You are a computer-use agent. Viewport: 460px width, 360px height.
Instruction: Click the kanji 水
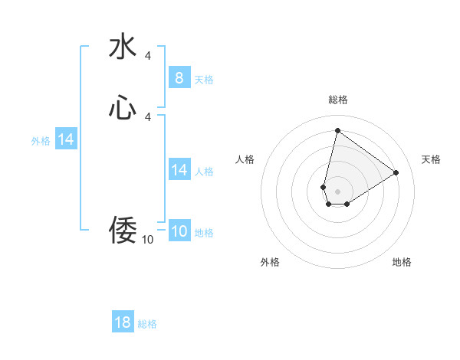point(123,46)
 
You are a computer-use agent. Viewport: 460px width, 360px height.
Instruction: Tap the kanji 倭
point(123,230)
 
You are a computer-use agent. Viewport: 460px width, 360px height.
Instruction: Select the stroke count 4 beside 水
point(147,56)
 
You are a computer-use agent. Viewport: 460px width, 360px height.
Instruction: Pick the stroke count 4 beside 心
point(147,116)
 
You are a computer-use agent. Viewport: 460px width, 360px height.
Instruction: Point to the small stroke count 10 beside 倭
point(147,240)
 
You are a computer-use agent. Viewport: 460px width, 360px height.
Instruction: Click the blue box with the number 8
point(179,77)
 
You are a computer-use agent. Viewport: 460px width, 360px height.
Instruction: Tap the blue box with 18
point(123,322)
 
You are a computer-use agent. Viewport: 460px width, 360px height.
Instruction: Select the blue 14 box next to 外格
point(66,139)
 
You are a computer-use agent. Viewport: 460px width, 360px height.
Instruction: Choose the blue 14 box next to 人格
point(179,170)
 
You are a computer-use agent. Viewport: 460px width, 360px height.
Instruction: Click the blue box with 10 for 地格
point(179,231)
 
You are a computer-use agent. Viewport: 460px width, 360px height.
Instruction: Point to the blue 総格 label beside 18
point(147,324)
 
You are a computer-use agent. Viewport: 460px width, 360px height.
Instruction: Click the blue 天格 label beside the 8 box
point(204,80)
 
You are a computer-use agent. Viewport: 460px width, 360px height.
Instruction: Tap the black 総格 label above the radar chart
point(338,100)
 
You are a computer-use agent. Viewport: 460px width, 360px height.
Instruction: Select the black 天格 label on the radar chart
point(431,159)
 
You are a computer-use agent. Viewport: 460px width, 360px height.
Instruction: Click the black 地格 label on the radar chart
point(402,262)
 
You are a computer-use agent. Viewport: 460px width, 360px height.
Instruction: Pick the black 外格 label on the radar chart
point(270,262)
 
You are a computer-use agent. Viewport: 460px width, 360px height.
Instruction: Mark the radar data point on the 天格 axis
point(396,172)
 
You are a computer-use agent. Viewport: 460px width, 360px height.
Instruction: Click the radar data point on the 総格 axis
point(337,130)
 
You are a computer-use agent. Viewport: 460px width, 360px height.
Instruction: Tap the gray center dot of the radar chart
point(337,191)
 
